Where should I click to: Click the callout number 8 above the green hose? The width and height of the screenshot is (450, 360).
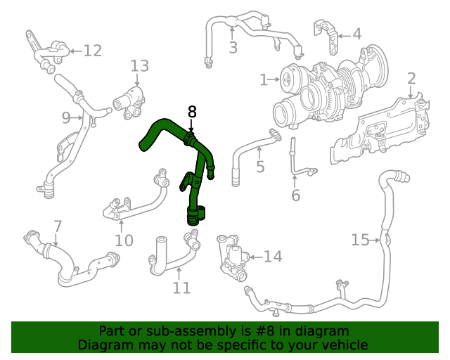coord(192,111)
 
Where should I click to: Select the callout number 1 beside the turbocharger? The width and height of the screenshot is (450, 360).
coord(264,80)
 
